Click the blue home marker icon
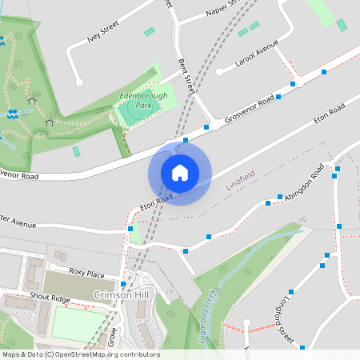coord(180,172)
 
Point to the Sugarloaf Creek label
coord(206,314)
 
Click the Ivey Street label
coord(104,33)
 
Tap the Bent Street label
coord(186,75)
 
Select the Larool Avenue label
coord(256,52)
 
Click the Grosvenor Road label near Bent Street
coord(250,108)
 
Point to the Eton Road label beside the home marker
coord(157,201)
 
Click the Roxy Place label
coord(86,273)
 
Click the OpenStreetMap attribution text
coord(80,354)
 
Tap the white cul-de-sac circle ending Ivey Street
coord(78,82)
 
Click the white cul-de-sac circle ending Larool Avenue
coord(219,72)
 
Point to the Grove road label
coord(112,336)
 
